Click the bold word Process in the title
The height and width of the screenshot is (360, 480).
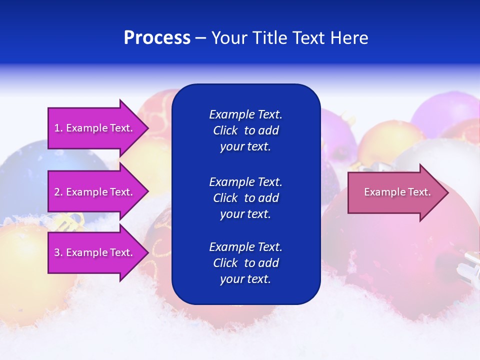pos(157,38)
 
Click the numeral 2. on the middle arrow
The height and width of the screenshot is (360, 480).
pos(58,192)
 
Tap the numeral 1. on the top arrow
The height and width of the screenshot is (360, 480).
pos(58,128)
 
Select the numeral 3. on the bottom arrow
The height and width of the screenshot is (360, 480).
pos(58,252)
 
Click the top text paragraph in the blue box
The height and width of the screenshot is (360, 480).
pos(245,130)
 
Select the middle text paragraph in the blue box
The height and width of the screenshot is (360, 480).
pos(245,198)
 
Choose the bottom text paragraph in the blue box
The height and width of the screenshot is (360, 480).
pos(245,263)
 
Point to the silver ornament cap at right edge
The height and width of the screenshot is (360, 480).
pos(470,265)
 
